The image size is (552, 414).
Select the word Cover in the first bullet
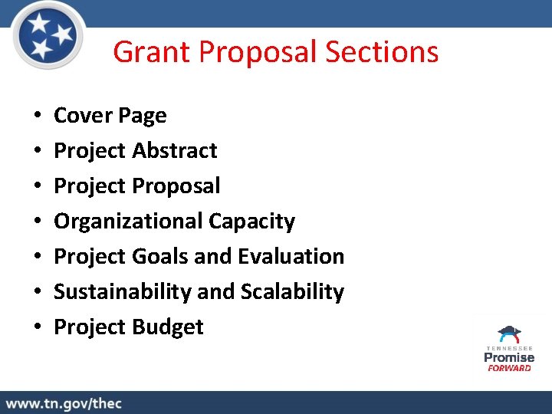[82, 116]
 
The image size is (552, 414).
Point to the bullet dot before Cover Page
[38, 117]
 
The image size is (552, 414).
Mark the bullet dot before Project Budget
[38, 327]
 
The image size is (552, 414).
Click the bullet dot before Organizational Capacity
[38, 222]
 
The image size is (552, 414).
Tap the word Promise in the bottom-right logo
[509, 357]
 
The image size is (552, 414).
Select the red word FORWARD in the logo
[509, 368]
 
